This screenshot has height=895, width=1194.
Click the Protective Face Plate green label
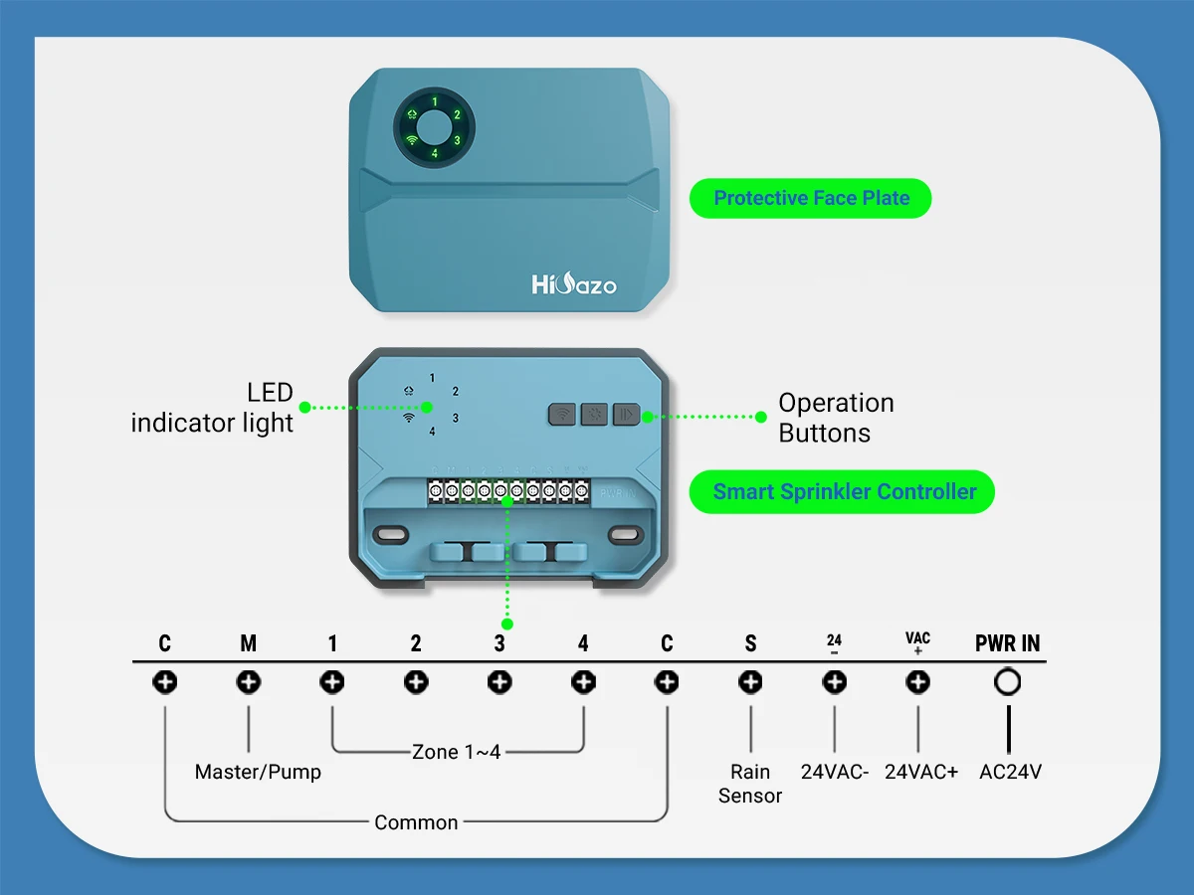click(811, 198)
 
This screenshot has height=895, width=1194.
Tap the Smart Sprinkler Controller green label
click(844, 491)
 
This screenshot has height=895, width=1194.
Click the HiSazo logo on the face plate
click(574, 285)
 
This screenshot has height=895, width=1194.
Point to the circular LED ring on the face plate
click(433, 129)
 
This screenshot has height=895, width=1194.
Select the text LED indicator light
click(213, 407)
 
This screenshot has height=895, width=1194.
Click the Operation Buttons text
click(836, 418)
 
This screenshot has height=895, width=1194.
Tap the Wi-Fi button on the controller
click(563, 414)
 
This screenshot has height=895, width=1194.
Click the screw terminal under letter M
click(249, 682)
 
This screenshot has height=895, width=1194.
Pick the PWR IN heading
click(1007, 643)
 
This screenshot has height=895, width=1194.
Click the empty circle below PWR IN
click(1008, 682)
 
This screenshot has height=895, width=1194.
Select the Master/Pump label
click(258, 772)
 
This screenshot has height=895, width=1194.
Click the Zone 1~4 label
click(456, 752)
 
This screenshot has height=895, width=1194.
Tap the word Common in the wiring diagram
click(416, 822)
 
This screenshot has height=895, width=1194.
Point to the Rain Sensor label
click(750, 783)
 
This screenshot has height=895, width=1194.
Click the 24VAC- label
click(835, 772)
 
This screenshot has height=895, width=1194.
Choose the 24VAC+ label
click(920, 772)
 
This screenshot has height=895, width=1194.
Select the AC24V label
click(1010, 772)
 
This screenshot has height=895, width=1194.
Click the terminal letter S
click(750, 643)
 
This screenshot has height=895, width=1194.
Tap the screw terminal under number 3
click(499, 682)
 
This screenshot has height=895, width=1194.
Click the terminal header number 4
click(583, 643)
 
